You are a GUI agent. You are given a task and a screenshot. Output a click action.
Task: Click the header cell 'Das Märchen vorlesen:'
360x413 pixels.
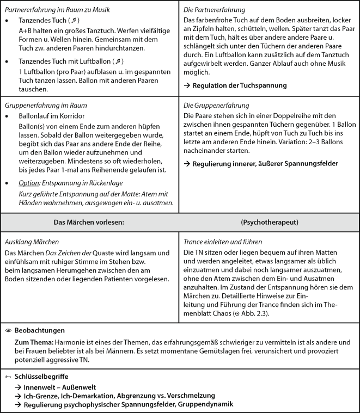point(90,222)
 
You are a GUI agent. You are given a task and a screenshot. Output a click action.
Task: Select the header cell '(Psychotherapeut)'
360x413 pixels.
point(269,222)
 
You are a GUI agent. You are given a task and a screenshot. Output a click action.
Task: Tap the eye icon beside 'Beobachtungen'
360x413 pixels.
point(8,330)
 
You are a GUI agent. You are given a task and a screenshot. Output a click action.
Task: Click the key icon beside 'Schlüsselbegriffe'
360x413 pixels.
point(8,376)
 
